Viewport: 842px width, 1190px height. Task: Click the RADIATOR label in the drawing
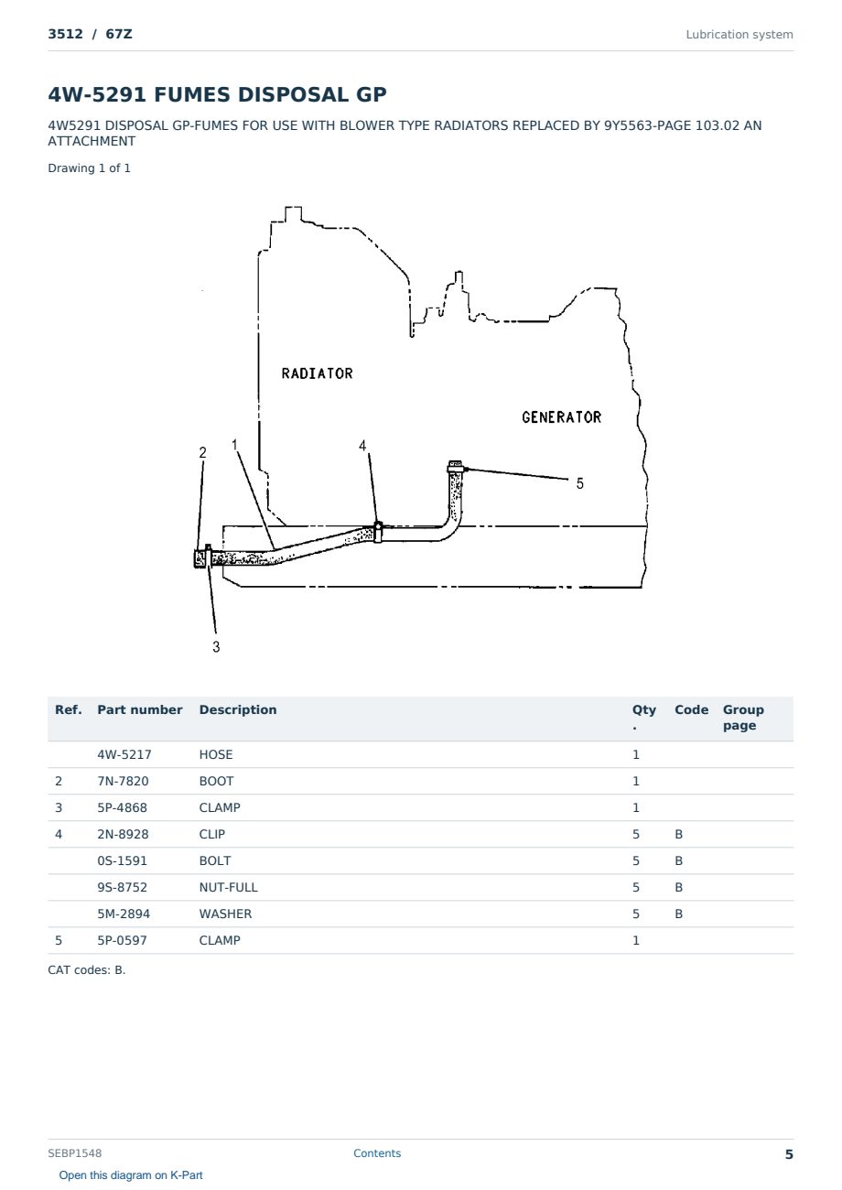point(318,373)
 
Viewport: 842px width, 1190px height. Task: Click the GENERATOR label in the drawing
point(562,417)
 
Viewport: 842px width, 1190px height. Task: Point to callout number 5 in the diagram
point(580,483)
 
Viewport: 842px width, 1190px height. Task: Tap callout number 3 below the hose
point(216,646)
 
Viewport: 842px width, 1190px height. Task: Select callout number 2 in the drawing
point(202,452)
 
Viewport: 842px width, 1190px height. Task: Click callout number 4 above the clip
point(362,445)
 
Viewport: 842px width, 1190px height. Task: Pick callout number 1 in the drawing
point(234,444)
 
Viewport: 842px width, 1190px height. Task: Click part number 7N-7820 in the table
point(123,781)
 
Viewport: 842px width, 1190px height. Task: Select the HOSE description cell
point(216,754)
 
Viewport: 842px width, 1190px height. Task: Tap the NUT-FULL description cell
point(229,887)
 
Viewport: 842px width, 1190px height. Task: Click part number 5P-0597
point(123,940)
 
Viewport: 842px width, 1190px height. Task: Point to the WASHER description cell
point(225,914)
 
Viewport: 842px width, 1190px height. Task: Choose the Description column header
point(238,709)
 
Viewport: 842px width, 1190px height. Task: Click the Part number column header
point(140,709)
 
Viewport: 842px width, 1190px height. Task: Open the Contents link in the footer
point(377,1152)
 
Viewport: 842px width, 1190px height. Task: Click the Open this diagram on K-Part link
point(131,1174)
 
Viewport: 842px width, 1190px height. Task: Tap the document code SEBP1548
point(75,1152)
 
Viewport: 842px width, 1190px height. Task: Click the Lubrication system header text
point(739,35)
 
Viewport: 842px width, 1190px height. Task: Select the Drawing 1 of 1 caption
point(90,168)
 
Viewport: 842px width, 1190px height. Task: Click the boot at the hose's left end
point(200,558)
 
